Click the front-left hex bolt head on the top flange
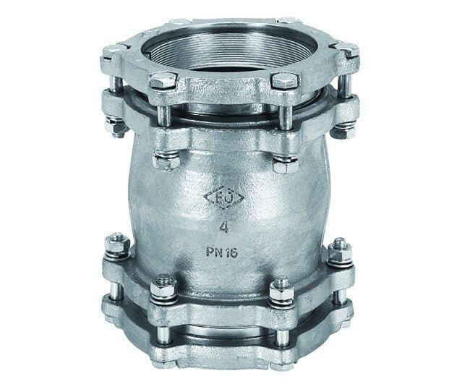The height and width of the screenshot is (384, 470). [x=163, y=80]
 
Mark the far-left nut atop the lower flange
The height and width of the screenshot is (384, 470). [x=117, y=247]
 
